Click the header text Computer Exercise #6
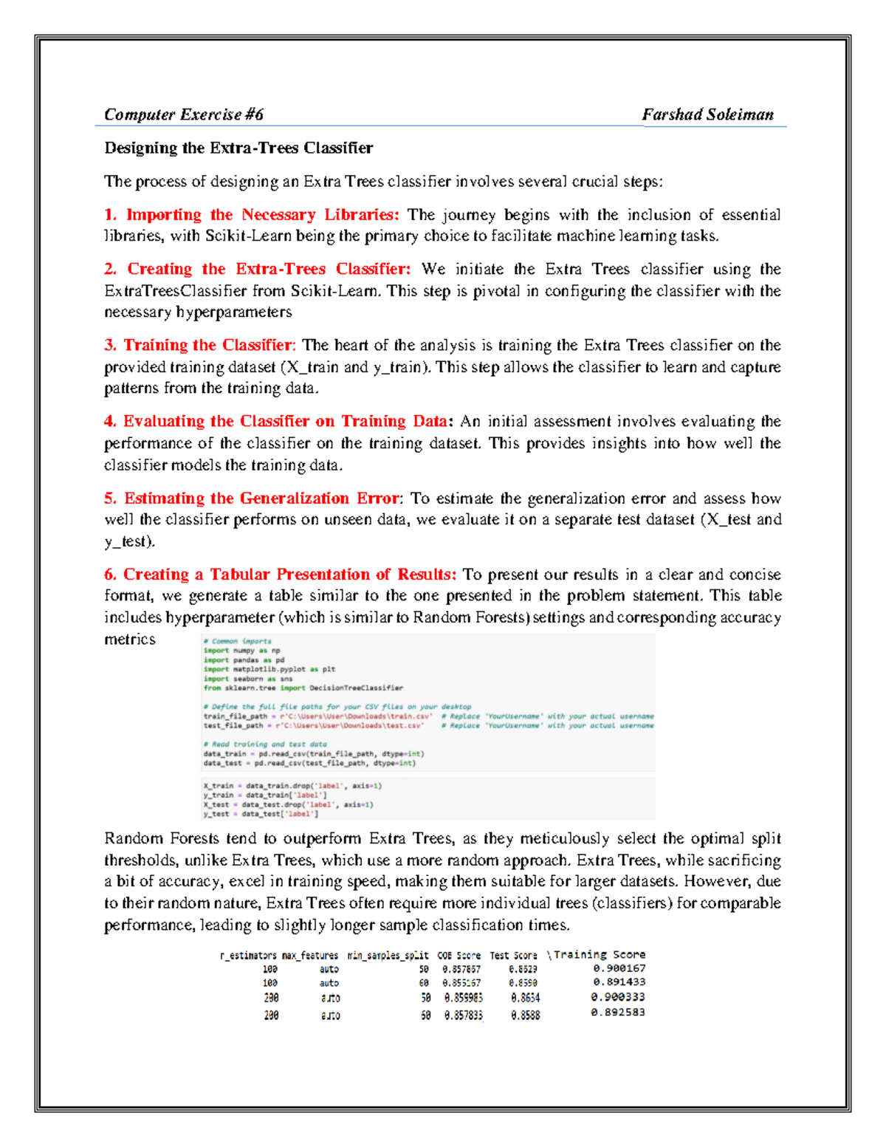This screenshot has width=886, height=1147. click(x=183, y=114)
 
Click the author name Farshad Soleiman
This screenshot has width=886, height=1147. click(x=707, y=114)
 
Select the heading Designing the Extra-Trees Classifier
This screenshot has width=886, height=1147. click(x=238, y=148)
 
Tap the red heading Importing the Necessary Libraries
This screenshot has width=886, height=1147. click(x=262, y=215)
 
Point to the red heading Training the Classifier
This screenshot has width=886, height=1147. click(x=208, y=345)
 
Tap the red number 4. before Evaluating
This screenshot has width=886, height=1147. click(x=110, y=421)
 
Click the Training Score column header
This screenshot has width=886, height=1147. click(x=599, y=954)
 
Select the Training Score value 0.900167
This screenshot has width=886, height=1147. click(x=619, y=968)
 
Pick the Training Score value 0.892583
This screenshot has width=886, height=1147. click(x=617, y=1013)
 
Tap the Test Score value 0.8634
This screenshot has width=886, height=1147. click(x=525, y=998)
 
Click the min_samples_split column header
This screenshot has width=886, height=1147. click(x=388, y=955)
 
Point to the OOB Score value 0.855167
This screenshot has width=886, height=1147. click(x=461, y=983)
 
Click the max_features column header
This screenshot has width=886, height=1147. click(x=310, y=955)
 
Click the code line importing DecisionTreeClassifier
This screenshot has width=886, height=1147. click(x=303, y=688)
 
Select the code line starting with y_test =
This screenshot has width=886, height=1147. click(x=261, y=814)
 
